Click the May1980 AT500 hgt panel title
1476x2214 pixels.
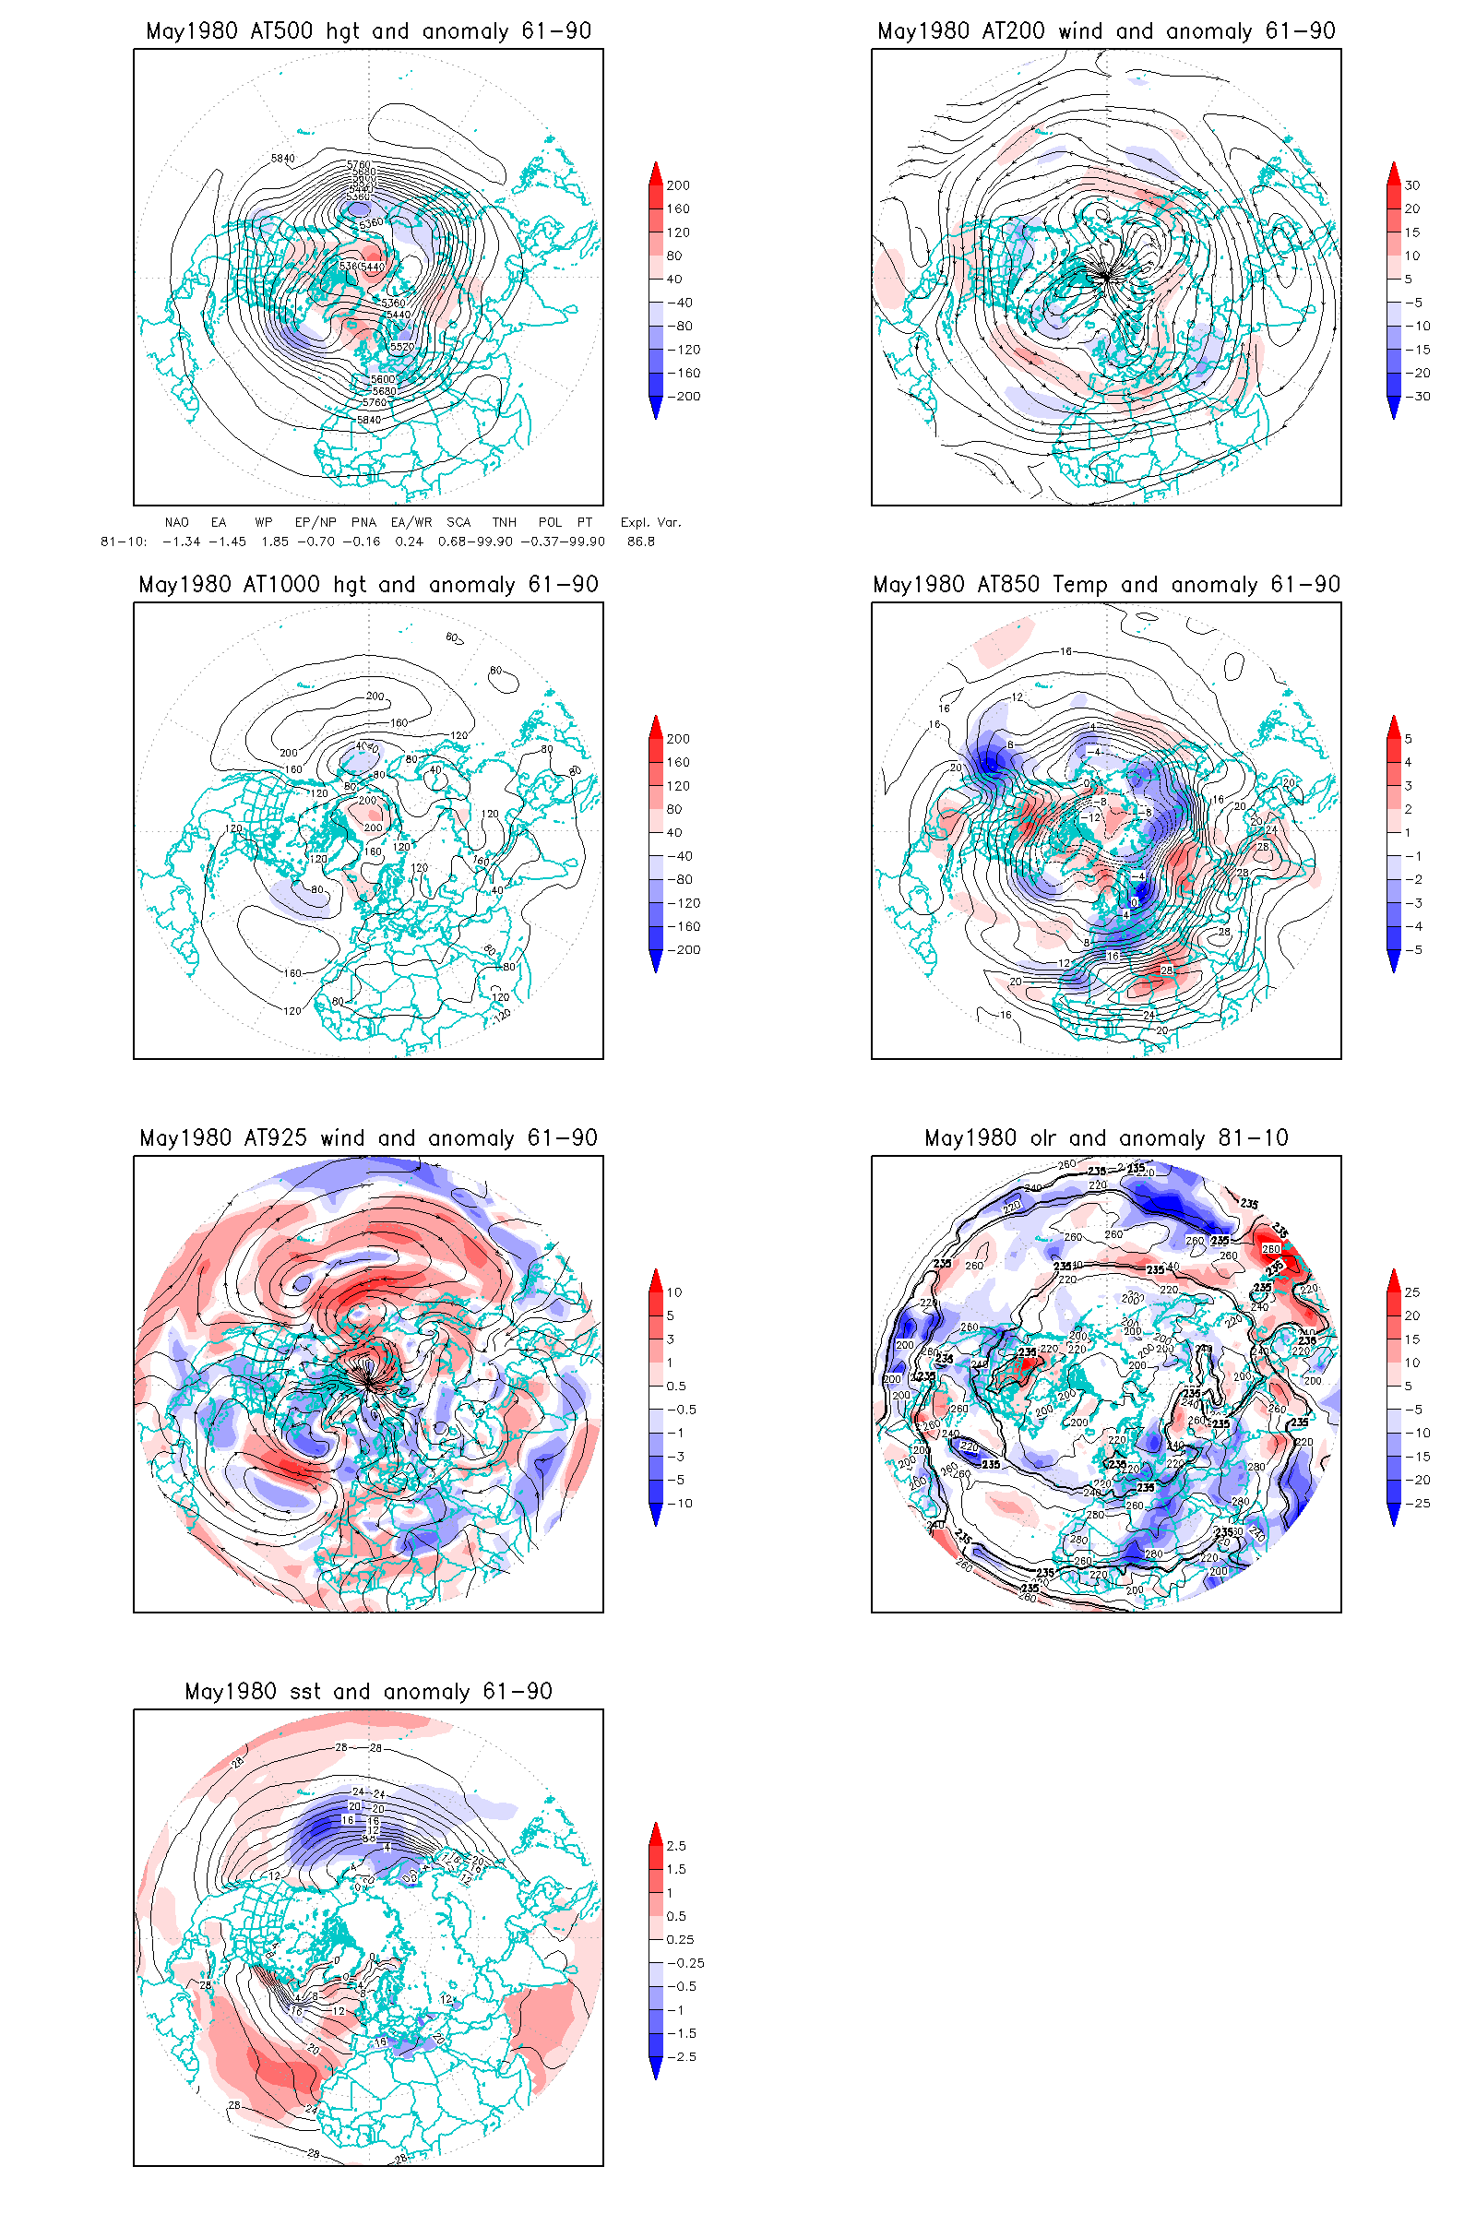pyautogui.click(x=368, y=31)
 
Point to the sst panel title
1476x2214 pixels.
pyautogui.click(x=368, y=1692)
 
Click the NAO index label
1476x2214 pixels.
pyautogui.click(x=176, y=522)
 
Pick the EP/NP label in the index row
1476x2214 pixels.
pyautogui.click(x=315, y=522)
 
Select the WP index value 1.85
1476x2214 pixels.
pyautogui.click(x=275, y=542)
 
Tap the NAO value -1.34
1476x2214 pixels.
pyautogui.click(x=181, y=542)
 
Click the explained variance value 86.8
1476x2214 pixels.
pyautogui.click(x=641, y=542)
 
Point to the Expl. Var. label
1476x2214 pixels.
pyautogui.click(x=649, y=522)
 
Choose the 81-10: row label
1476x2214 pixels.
pyautogui.click(x=124, y=542)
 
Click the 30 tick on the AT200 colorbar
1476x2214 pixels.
pyautogui.click(x=1412, y=185)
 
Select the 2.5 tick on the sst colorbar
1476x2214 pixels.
pyautogui.click(x=676, y=1846)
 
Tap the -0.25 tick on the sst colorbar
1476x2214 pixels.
pyautogui.click(x=685, y=1964)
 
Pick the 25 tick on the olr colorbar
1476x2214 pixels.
pyautogui.click(x=1412, y=1292)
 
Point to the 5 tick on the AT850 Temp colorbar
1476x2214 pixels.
pyautogui.click(x=1409, y=739)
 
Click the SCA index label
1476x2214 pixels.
pyautogui.click(x=458, y=522)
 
